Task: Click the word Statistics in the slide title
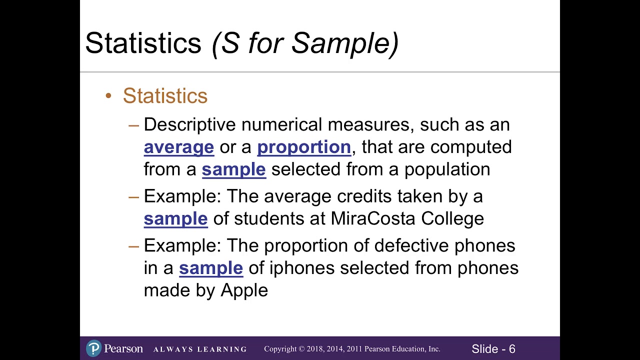pos(143,43)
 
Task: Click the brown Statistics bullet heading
pos(165,96)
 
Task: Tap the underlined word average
pos(178,147)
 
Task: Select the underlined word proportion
pos(304,147)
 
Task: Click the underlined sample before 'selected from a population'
pos(233,169)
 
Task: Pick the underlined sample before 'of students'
pos(175,219)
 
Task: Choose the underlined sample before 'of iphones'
pos(211,268)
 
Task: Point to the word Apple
pos(244,290)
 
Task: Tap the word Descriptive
pos(189,125)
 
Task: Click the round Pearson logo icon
pos(93,348)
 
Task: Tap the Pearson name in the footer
pos(123,348)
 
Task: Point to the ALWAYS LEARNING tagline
pos(200,349)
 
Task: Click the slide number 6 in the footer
pos(512,349)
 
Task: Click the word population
pos(447,169)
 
